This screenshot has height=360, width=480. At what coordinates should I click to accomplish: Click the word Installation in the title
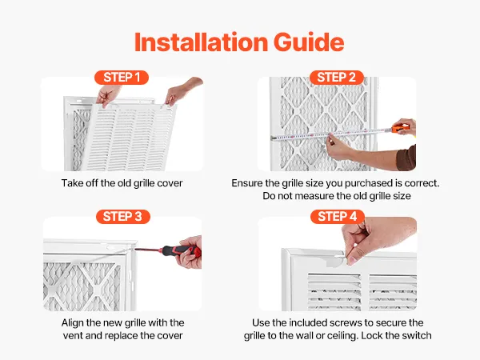(x=202, y=42)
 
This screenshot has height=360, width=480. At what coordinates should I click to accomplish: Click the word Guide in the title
(x=309, y=42)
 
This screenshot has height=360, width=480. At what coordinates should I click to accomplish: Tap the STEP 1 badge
(x=122, y=78)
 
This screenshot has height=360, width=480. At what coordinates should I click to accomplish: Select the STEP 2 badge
(x=337, y=78)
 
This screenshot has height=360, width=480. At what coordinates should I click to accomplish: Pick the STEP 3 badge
(x=122, y=217)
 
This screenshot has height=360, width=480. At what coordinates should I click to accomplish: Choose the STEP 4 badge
(x=338, y=217)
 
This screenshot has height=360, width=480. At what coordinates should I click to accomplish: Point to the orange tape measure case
(x=400, y=128)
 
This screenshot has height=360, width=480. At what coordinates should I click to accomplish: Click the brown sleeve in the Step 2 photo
(x=406, y=158)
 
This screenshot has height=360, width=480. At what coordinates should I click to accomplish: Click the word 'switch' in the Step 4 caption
(x=418, y=335)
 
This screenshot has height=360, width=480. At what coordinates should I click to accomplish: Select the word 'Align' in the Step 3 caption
(x=72, y=323)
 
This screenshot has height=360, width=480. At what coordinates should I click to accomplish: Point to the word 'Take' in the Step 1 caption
(x=70, y=183)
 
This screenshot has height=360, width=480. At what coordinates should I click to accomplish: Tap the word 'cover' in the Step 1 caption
(x=170, y=183)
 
